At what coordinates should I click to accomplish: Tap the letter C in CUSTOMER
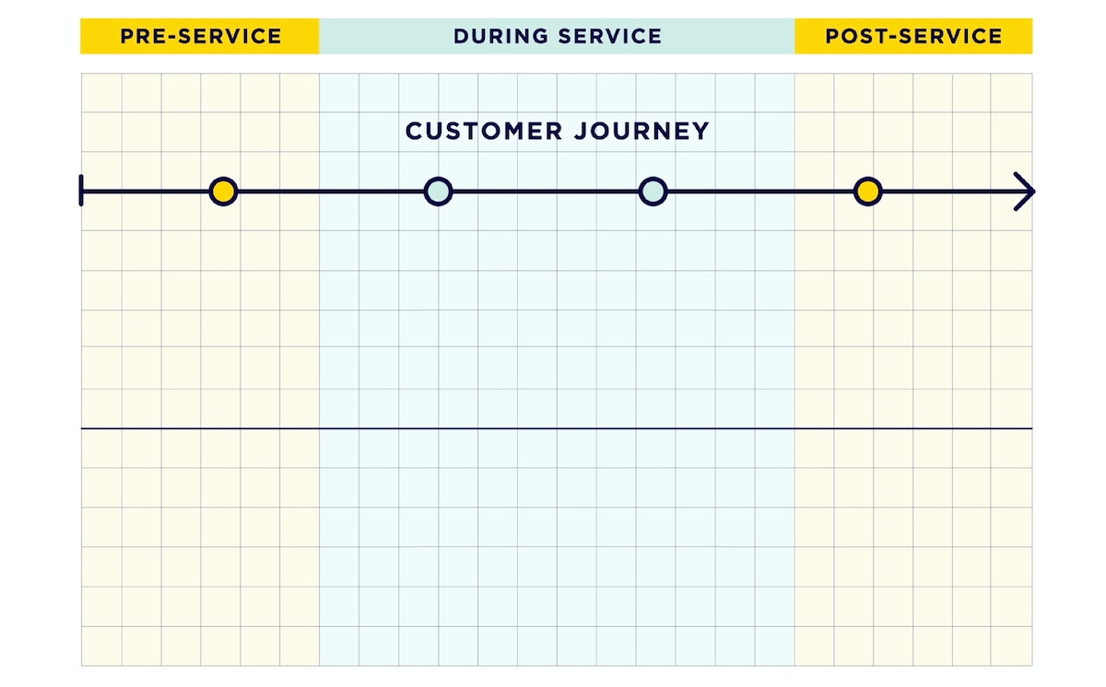pyautogui.click(x=414, y=131)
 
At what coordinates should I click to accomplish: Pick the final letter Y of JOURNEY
pyautogui.click(x=702, y=131)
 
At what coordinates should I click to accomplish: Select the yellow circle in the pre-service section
pyautogui.click(x=223, y=192)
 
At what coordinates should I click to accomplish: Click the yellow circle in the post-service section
pyautogui.click(x=867, y=192)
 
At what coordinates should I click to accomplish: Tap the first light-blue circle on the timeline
pyautogui.click(x=438, y=192)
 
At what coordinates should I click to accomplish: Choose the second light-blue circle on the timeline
pyautogui.click(x=653, y=192)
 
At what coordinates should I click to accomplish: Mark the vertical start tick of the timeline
pyautogui.click(x=82, y=192)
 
